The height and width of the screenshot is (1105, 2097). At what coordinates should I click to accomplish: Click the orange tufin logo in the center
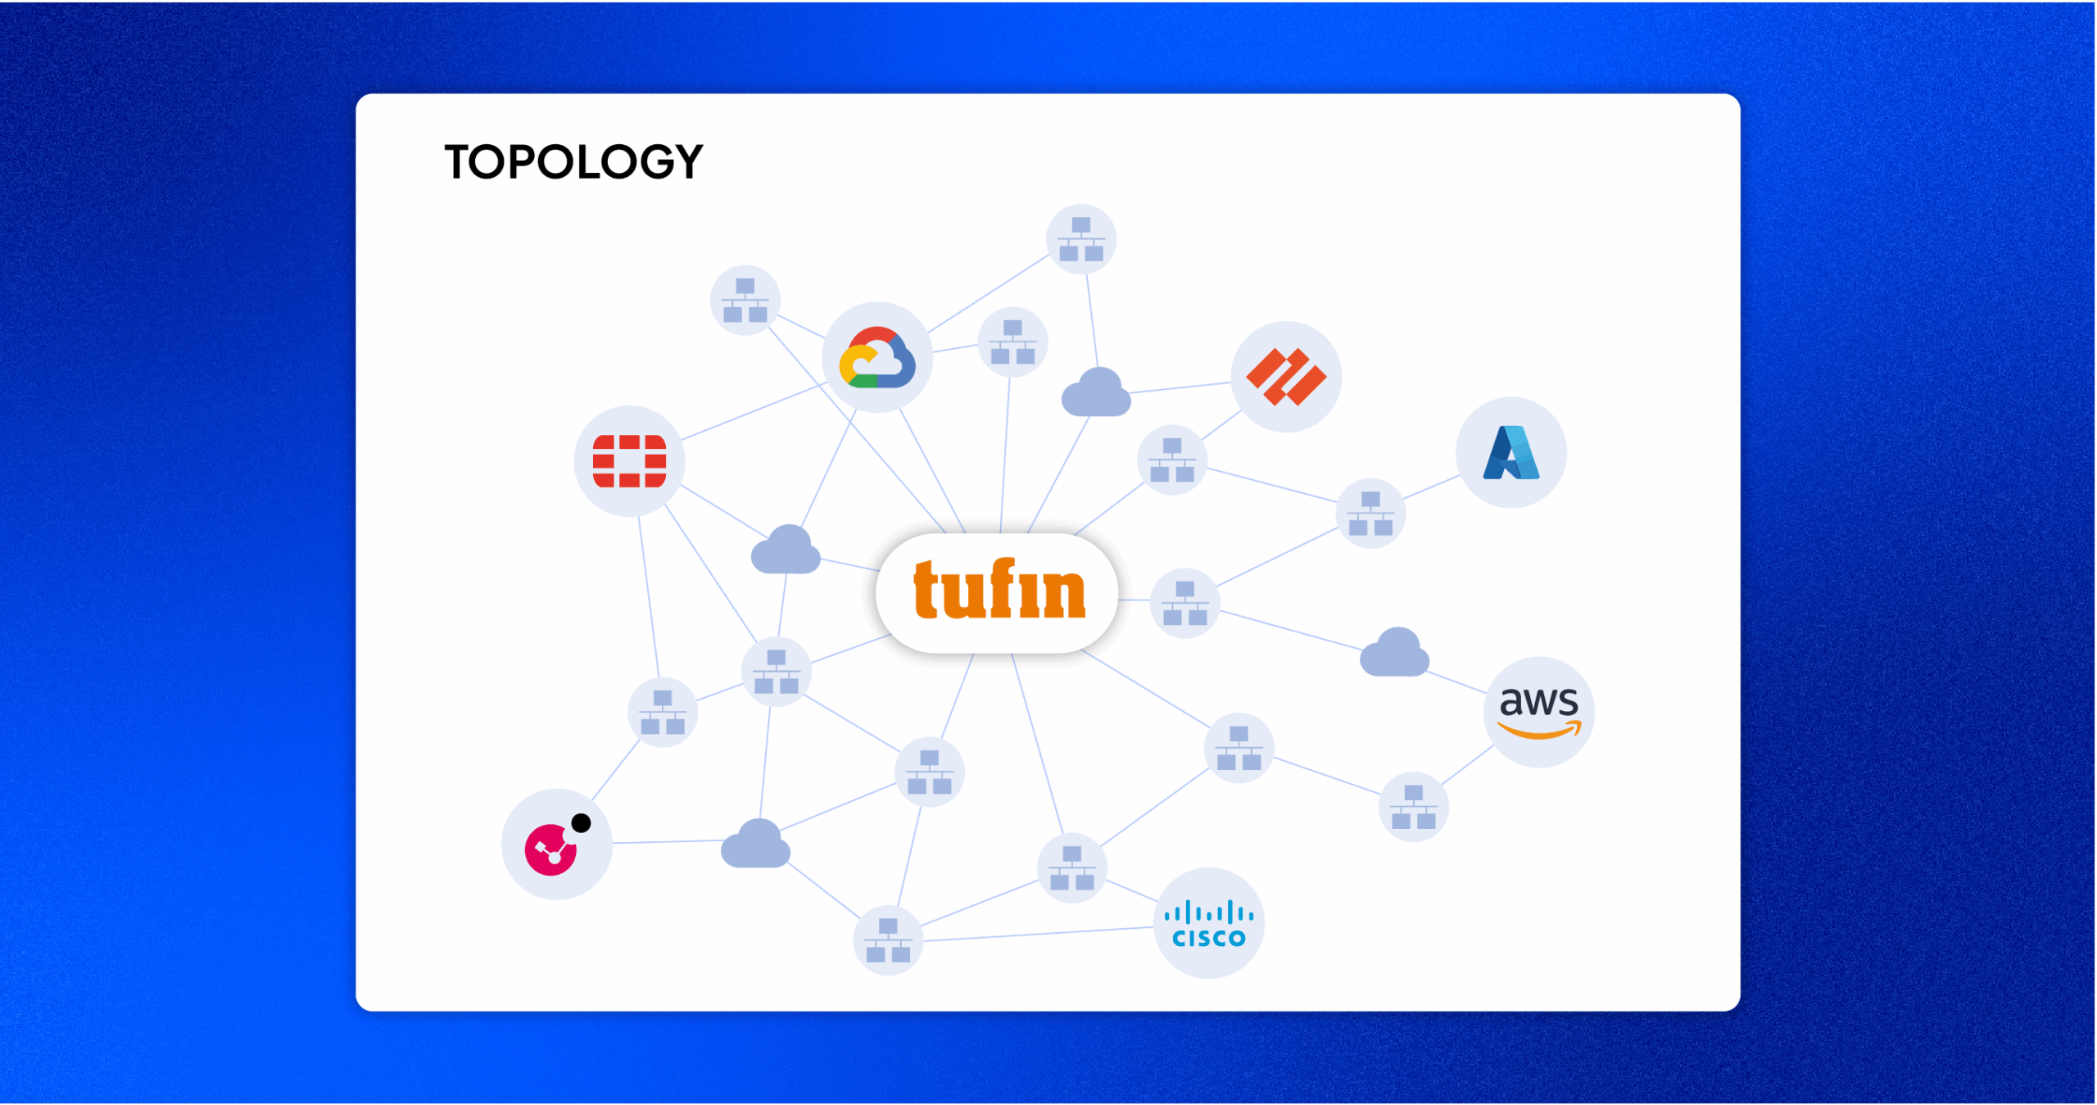click(x=999, y=590)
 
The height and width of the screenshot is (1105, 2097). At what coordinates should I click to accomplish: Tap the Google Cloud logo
click(x=876, y=359)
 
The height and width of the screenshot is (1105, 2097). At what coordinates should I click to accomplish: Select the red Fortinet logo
click(x=629, y=461)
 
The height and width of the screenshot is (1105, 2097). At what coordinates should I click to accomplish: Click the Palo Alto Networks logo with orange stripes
click(x=1286, y=377)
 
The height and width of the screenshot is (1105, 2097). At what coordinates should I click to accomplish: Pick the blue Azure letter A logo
click(x=1511, y=453)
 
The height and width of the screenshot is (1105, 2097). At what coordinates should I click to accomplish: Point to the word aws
click(x=1538, y=701)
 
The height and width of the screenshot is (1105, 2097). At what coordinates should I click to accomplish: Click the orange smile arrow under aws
click(x=1538, y=730)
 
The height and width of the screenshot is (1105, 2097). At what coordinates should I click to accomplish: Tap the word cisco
click(x=1209, y=938)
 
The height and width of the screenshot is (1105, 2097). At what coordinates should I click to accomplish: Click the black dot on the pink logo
click(x=581, y=823)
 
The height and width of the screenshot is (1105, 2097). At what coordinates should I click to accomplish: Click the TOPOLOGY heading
click(x=573, y=161)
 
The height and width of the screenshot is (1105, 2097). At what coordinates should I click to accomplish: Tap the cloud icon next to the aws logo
click(x=1394, y=654)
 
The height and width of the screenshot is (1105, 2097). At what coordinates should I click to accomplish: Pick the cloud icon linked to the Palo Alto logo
click(x=1096, y=393)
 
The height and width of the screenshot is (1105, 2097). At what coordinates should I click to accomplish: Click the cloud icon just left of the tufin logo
click(x=786, y=550)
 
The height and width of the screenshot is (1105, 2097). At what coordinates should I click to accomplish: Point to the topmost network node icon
click(x=1081, y=239)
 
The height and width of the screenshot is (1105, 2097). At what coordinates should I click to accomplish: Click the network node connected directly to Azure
click(x=1370, y=514)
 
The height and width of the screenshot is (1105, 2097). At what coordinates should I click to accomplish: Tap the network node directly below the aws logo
click(x=1413, y=807)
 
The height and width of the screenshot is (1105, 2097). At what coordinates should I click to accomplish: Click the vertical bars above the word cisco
click(x=1209, y=912)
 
